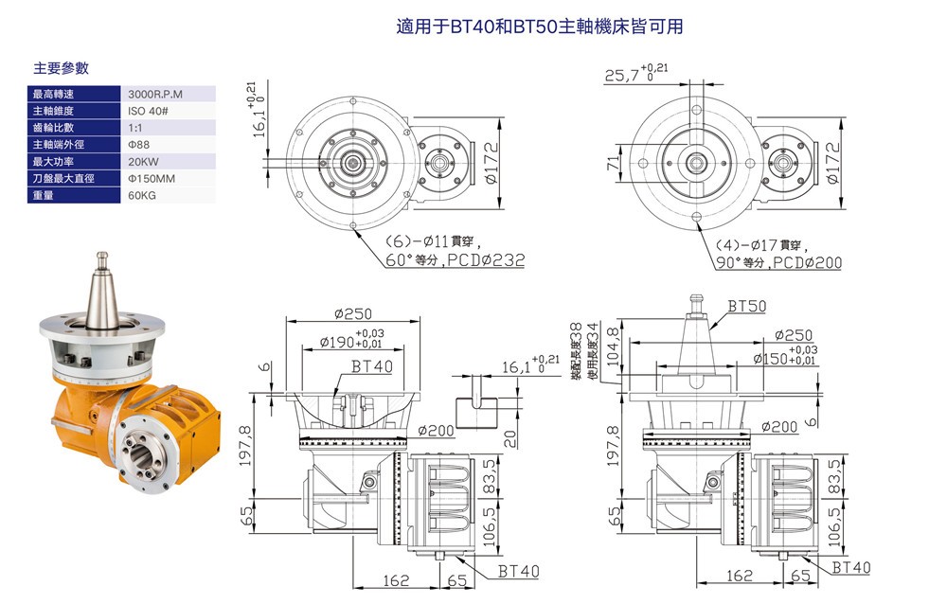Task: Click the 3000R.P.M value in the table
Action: (155, 94)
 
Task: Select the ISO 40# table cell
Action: (148, 111)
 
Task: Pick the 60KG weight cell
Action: (141, 196)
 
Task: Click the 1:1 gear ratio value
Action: (134, 128)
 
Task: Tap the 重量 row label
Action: (43, 196)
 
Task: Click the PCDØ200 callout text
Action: (807, 263)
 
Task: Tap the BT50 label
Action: (747, 307)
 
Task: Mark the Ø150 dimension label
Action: (771, 359)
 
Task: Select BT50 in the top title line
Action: (534, 27)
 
